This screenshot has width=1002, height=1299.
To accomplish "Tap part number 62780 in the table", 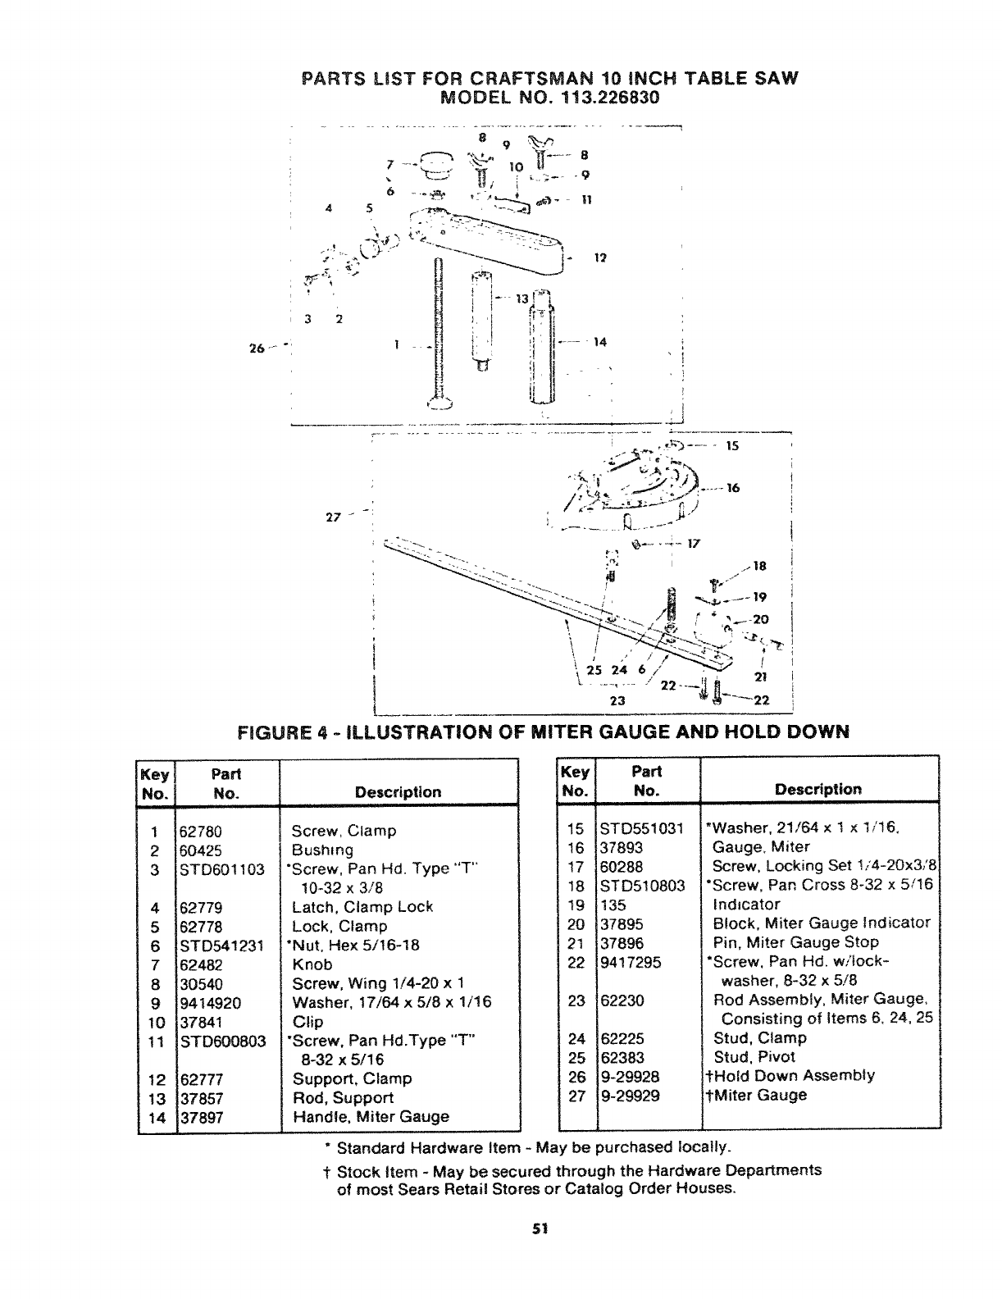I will click(202, 831).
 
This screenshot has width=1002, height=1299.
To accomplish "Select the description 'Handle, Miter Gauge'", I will click(371, 1116).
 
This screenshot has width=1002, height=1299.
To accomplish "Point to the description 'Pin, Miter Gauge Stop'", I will click(795, 942).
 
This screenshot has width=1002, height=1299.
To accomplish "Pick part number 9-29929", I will click(630, 1095).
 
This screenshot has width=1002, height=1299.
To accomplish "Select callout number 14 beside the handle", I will click(600, 342).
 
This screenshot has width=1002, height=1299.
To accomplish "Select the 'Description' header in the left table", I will click(398, 792).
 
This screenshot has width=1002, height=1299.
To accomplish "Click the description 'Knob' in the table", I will click(312, 964).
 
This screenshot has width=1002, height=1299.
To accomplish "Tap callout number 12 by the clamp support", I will click(599, 258).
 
